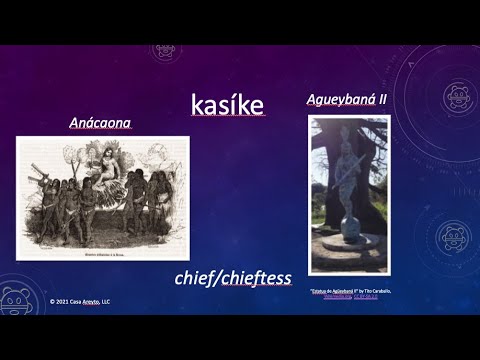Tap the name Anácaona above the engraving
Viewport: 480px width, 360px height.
100,125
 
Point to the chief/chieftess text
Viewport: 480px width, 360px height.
223,277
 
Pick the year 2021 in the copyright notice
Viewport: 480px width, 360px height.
64,299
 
